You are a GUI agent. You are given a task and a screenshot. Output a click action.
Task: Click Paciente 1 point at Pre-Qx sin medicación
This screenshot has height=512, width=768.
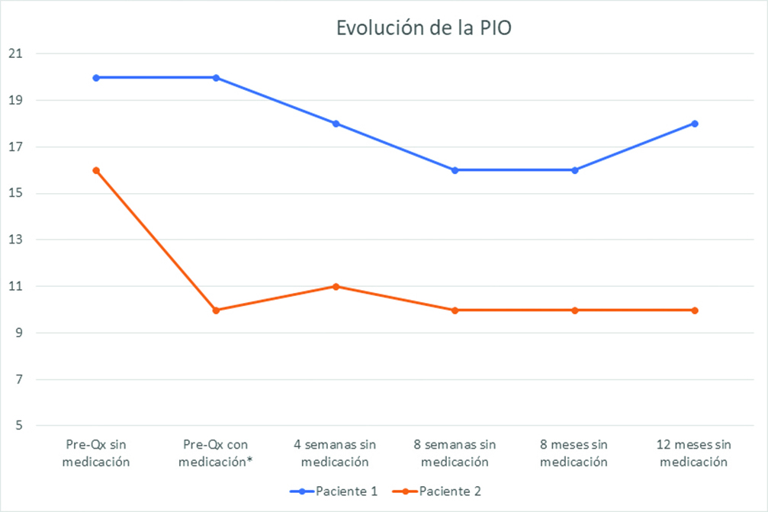[96, 77]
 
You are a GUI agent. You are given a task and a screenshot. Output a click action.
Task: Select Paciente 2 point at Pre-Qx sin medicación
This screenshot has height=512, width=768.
[96, 170]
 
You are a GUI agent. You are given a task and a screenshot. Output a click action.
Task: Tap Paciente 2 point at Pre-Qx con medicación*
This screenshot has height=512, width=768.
[216, 310]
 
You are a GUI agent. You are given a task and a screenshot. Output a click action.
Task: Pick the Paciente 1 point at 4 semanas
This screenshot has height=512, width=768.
[336, 124]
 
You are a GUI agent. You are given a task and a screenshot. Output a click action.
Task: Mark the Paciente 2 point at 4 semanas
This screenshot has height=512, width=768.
[336, 286]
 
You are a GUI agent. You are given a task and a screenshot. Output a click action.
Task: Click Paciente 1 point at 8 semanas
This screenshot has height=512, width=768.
[455, 170]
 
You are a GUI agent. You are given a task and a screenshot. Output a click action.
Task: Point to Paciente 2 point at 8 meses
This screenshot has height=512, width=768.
[574, 310]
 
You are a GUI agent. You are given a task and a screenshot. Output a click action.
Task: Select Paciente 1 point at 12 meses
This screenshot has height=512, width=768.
[694, 124]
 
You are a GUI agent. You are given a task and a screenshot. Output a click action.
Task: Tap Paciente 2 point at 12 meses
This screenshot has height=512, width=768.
[694, 310]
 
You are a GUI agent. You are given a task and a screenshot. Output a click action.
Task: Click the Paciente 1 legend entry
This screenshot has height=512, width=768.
[334, 491]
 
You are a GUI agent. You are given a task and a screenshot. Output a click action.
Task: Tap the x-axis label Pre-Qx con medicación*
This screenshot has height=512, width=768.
[216, 452]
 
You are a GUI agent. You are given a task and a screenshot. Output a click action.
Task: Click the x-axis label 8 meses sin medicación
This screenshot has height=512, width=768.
[574, 452]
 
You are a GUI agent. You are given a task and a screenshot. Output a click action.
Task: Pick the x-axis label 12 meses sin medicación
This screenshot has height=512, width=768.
[694, 452]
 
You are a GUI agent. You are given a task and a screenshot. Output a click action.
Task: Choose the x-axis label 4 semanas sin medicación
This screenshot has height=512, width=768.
[336, 452]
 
